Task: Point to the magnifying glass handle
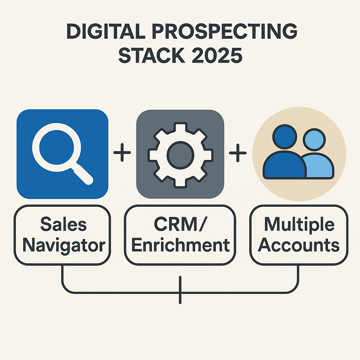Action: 83,175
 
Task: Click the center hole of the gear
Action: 180,154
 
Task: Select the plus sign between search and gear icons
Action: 122,153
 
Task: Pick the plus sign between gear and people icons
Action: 238,153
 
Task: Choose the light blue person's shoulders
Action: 320,167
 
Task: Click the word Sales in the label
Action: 63,225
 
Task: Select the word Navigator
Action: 64,245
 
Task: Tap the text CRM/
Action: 180,225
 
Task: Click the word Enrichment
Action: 180,245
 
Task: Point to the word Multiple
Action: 299,225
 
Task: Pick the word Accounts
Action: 299,245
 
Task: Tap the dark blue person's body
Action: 283,165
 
